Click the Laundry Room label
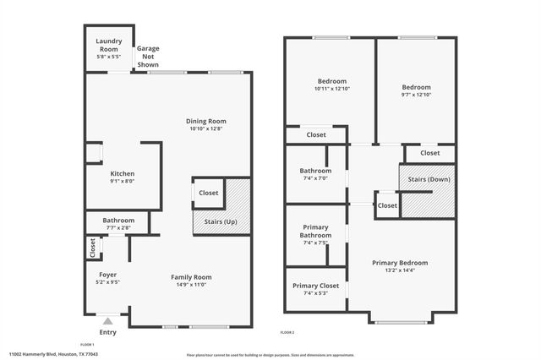tap(109, 41)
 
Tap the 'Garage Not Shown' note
tap(148, 57)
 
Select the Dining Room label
tap(206, 121)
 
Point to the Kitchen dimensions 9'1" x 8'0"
tap(123, 182)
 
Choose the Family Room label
tap(191, 277)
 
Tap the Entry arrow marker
tap(107, 321)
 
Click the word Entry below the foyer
tap(107, 332)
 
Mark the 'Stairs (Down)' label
tap(429, 179)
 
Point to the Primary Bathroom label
tap(316, 231)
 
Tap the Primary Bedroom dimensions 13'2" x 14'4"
tap(400, 270)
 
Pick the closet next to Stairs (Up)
tap(208, 193)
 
